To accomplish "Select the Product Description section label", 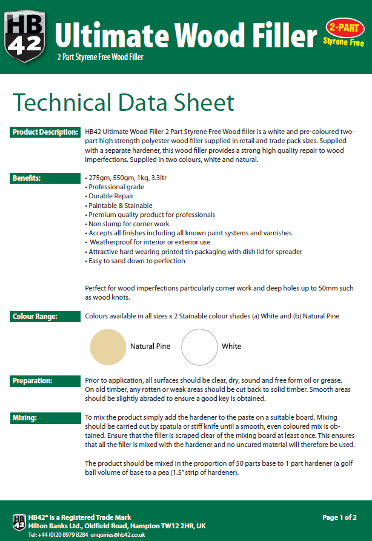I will click(44, 132).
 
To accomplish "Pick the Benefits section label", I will click(27, 178).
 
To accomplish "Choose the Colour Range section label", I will click(35, 316).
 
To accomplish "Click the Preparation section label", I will click(33, 381).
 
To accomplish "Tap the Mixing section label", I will click(25, 418).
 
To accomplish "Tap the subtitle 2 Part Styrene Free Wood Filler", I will click(100, 58).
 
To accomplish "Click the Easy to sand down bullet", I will click(136, 261).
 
